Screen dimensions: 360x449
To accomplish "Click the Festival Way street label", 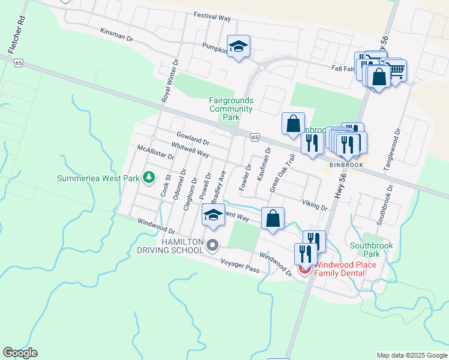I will click(212, 18).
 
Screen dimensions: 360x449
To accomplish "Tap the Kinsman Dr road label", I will click(116, 35).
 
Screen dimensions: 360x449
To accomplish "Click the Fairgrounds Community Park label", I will click(231, 109).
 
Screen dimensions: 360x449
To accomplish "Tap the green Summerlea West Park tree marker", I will click(149, 178).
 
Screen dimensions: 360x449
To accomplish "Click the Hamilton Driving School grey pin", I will click(212, 245).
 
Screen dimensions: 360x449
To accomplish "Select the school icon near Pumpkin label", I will click(238, 46).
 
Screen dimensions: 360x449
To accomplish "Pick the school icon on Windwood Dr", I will click(212, 215).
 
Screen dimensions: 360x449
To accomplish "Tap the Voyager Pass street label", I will click(240, 266).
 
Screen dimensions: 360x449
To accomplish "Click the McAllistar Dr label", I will click(155, 152).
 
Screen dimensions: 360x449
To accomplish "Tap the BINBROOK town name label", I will click(343, 164).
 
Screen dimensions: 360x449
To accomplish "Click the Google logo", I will click(20, 353).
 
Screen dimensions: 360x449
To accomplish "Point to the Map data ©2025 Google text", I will click(411, 355).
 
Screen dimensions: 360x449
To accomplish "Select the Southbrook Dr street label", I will click(385, 205).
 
